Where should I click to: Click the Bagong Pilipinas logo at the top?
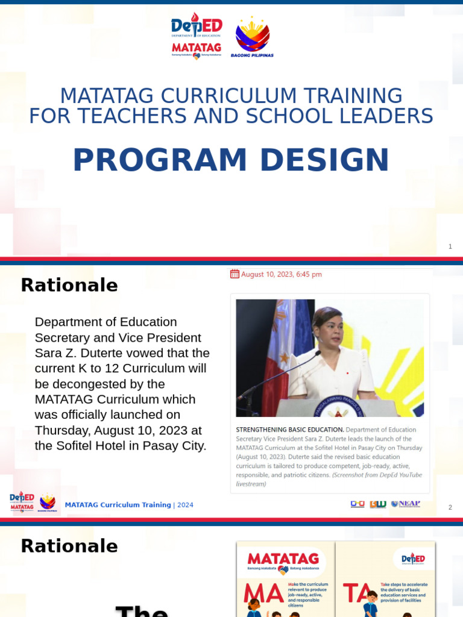(x=252, y=37)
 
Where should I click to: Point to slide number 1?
(x=450, y=246)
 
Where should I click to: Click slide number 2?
(x=450, y=507)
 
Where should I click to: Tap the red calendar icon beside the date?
(x=235, y=274)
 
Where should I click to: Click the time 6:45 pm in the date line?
(x=308, y=274)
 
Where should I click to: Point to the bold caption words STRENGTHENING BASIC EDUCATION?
(x=290, y=430)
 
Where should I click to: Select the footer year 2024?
(x=185, y=505)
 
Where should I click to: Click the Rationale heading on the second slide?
(x=69, y=285)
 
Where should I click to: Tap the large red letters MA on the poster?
(x=263, y=594)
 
